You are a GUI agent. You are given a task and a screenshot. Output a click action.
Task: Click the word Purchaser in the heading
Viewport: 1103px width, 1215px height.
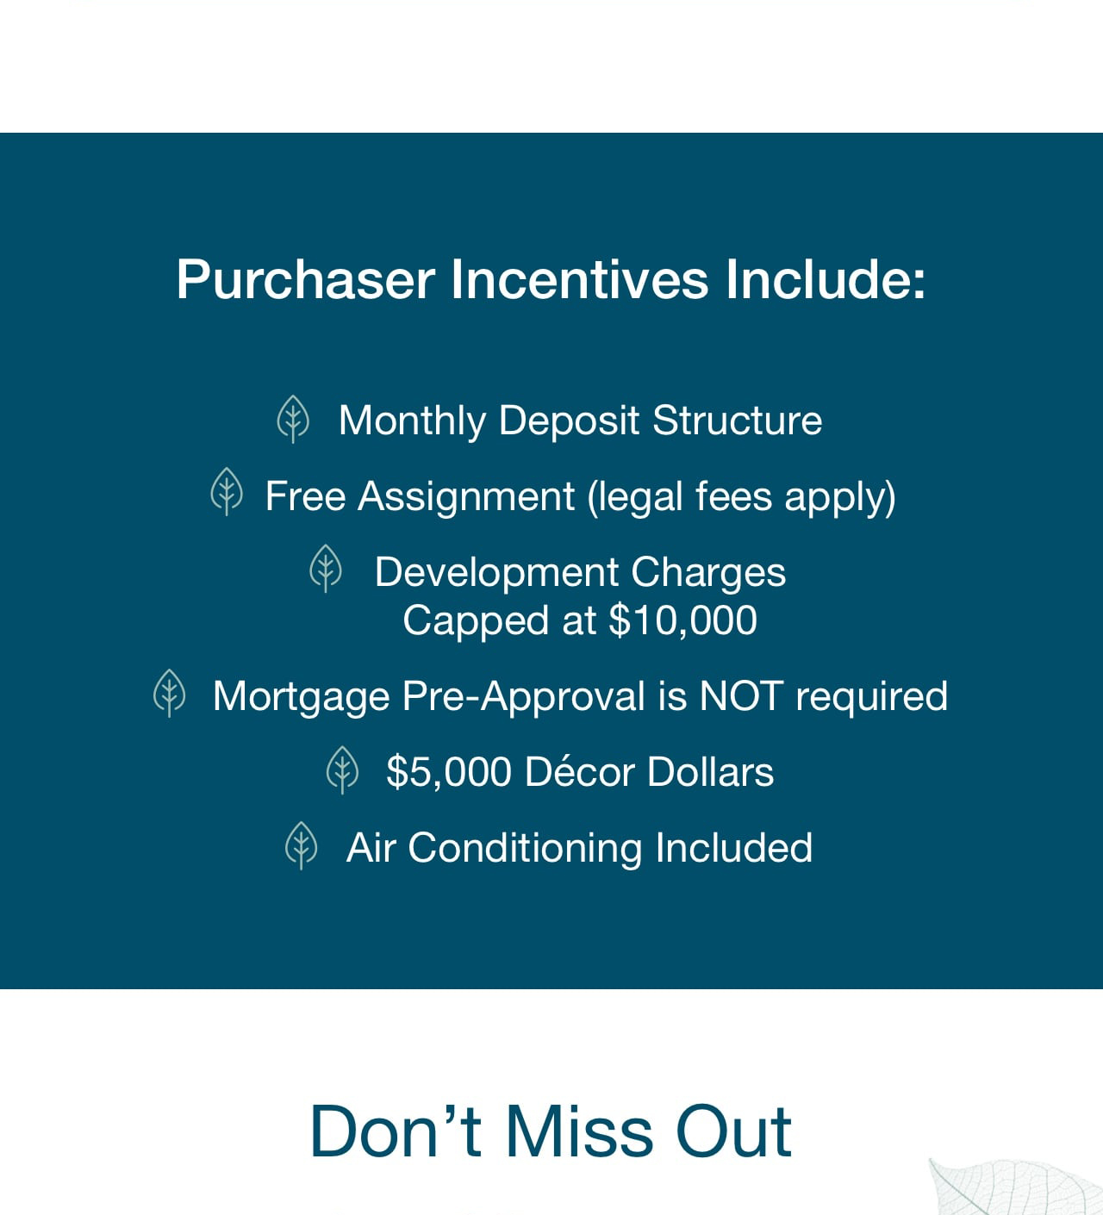point(306,280)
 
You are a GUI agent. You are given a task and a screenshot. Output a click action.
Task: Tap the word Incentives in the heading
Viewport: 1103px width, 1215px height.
point(580,279)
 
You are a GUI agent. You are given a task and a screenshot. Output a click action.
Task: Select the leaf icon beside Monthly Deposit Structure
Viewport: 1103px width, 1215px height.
point(293,419)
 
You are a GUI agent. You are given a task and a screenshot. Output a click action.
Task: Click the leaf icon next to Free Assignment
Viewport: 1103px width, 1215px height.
point(227,491)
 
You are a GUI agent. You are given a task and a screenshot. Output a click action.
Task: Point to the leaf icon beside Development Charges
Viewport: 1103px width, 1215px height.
point(326,568)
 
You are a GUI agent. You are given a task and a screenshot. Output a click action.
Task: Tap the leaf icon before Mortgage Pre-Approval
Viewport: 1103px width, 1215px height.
point(170,693)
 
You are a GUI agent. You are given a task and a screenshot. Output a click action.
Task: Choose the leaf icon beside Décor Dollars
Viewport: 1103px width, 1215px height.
point(342,769)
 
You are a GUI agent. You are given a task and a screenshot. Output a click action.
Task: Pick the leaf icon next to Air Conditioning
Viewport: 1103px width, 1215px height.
point(301,845)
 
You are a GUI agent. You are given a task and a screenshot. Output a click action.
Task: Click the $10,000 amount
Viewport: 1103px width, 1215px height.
point(682,620)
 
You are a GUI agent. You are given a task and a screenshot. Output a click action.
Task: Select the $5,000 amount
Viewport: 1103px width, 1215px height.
point(449,771)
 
